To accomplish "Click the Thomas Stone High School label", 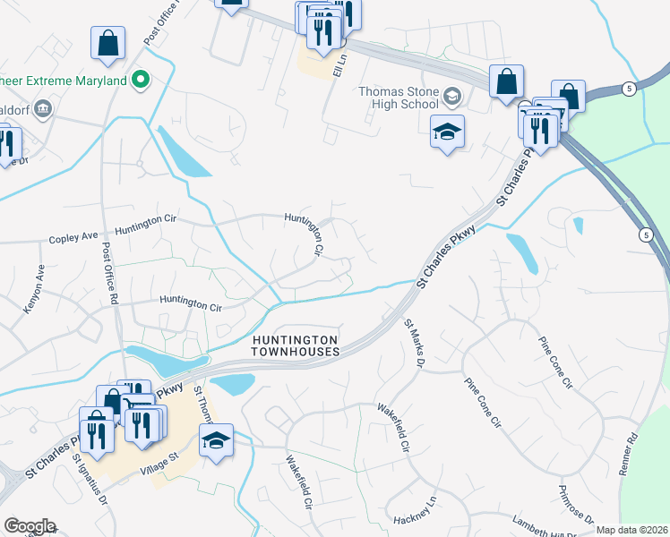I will coord(399,98).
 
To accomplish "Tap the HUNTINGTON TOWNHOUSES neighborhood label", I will coord(295,346).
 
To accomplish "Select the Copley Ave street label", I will coord(73,237).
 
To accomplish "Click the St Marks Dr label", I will coord(413,343).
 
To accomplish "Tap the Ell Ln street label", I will coord(339,63).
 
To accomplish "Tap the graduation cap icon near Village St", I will coord(216,439).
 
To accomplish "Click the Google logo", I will coord(30,526).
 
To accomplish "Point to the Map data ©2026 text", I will coord(631,530).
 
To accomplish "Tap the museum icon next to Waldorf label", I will coord(43,109).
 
